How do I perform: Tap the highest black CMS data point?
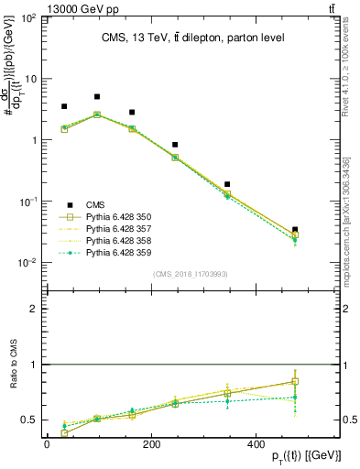[97, 96]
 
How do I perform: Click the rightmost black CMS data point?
[294, 230]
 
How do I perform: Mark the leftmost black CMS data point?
[64, 106]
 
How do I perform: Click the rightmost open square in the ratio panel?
[294, 381]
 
